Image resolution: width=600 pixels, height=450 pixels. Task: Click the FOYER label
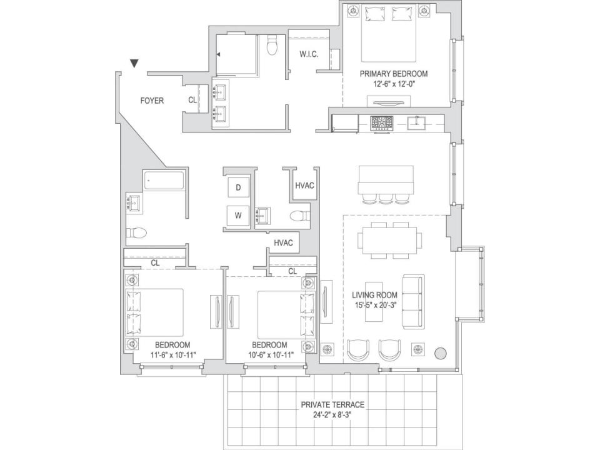coord(152,101)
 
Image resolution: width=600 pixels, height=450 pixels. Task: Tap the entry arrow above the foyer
coord(134,64)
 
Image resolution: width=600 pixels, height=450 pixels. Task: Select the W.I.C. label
coord(309,54)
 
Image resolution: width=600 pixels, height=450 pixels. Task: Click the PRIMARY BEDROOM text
coord(394,74)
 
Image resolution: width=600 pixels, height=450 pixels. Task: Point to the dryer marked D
coord(238,187)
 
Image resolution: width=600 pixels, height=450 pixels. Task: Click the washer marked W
coord(238,216)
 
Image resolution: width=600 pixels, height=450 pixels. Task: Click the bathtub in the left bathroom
coord(164,180)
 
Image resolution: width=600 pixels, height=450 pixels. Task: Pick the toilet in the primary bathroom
coord(272,45)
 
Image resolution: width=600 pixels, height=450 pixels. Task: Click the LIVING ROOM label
coord(375,295)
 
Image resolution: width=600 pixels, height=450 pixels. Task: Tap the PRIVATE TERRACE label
coord(332,404)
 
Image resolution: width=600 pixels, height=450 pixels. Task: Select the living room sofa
coord(413,301)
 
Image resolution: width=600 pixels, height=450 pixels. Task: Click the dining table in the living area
coord(388,241)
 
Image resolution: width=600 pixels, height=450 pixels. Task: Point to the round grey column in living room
coord(441,352)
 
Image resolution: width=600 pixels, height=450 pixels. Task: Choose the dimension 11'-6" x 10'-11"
coord(173,355)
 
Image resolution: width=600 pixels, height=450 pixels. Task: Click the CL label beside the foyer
coord(192,100)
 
